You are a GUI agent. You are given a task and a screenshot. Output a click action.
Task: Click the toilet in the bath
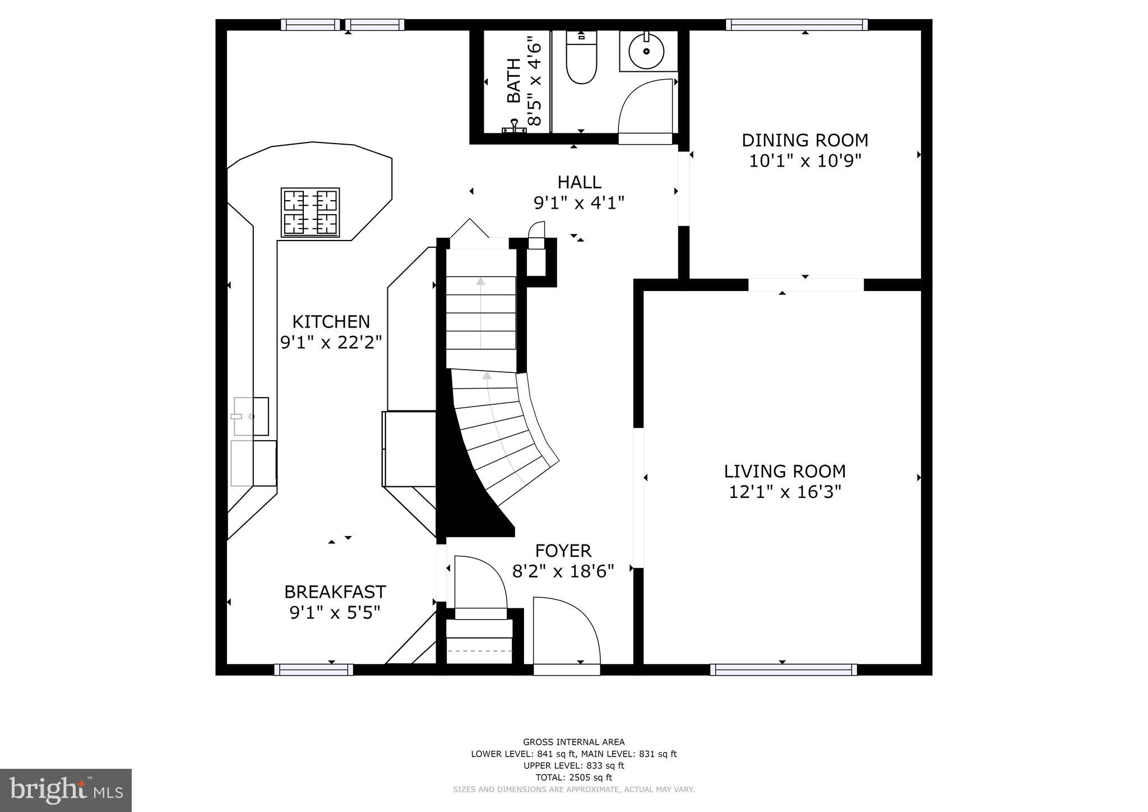[x=581, y=59]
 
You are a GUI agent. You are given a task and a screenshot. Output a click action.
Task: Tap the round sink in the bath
[x=646, y=51]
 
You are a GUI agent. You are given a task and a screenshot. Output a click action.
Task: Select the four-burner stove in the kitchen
[x=310, y=212]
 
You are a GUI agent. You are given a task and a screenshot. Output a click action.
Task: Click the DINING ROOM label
[x=805, y=140]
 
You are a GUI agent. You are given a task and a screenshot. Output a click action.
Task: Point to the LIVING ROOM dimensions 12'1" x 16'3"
[x=785, y=492]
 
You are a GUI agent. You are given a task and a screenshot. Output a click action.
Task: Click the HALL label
[x=579, y=182]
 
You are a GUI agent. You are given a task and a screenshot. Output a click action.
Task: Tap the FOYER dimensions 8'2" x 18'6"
[x=563, y=571]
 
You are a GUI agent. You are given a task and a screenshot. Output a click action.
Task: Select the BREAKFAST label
[x=335, y=592]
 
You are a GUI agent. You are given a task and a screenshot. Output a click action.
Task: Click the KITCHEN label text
[x=331, y=322]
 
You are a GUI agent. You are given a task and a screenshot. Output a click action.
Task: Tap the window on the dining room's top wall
[x=797, y=25]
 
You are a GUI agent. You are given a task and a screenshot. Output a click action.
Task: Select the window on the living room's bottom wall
[x=783, y=670]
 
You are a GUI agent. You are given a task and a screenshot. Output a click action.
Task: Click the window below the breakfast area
[x=313, y=670]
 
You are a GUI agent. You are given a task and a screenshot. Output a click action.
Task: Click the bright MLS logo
[x=66, y=790]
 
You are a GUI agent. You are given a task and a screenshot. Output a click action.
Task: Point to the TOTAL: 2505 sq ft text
[x=573, y=777]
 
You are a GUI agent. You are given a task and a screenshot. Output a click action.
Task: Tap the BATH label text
[x=513, y=81]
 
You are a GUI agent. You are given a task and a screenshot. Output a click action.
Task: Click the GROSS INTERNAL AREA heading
[x=573, y=742]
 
